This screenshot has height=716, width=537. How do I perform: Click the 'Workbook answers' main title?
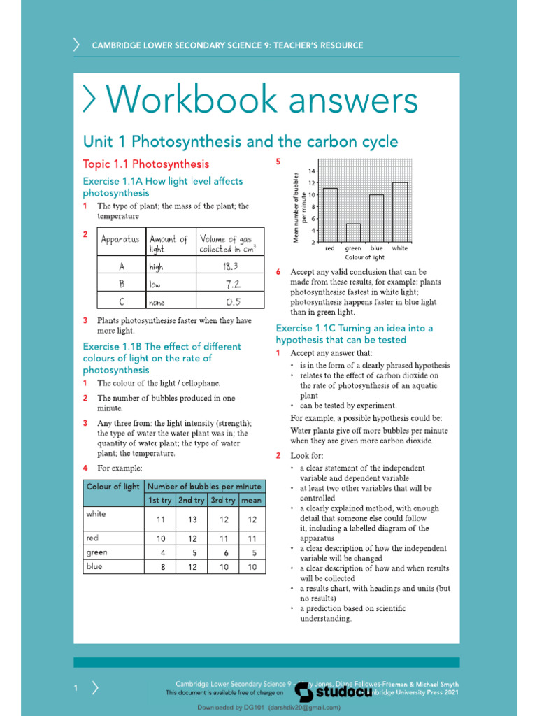click(250, 101)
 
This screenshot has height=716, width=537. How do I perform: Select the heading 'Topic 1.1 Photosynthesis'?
click(145, 164)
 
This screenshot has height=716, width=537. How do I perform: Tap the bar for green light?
click(353, 233)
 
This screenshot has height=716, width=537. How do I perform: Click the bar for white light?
click(400, 212)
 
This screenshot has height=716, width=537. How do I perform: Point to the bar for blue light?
click(376, 218)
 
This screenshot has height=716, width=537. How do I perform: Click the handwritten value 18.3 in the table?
click(231, 266)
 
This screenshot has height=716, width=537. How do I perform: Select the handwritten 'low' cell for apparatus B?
click(155, 285)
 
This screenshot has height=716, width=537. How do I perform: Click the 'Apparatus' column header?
click(120, 239)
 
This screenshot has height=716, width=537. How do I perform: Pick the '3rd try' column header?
click(222, 501)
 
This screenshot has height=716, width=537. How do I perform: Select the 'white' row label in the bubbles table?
click(96, 514)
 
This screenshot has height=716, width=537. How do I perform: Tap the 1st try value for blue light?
click(162, 567)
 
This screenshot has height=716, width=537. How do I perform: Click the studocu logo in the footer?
click(332, 692)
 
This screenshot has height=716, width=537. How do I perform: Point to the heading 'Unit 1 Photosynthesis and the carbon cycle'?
click(241, 142)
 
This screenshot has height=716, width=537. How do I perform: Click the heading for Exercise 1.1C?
click(354, 334)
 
